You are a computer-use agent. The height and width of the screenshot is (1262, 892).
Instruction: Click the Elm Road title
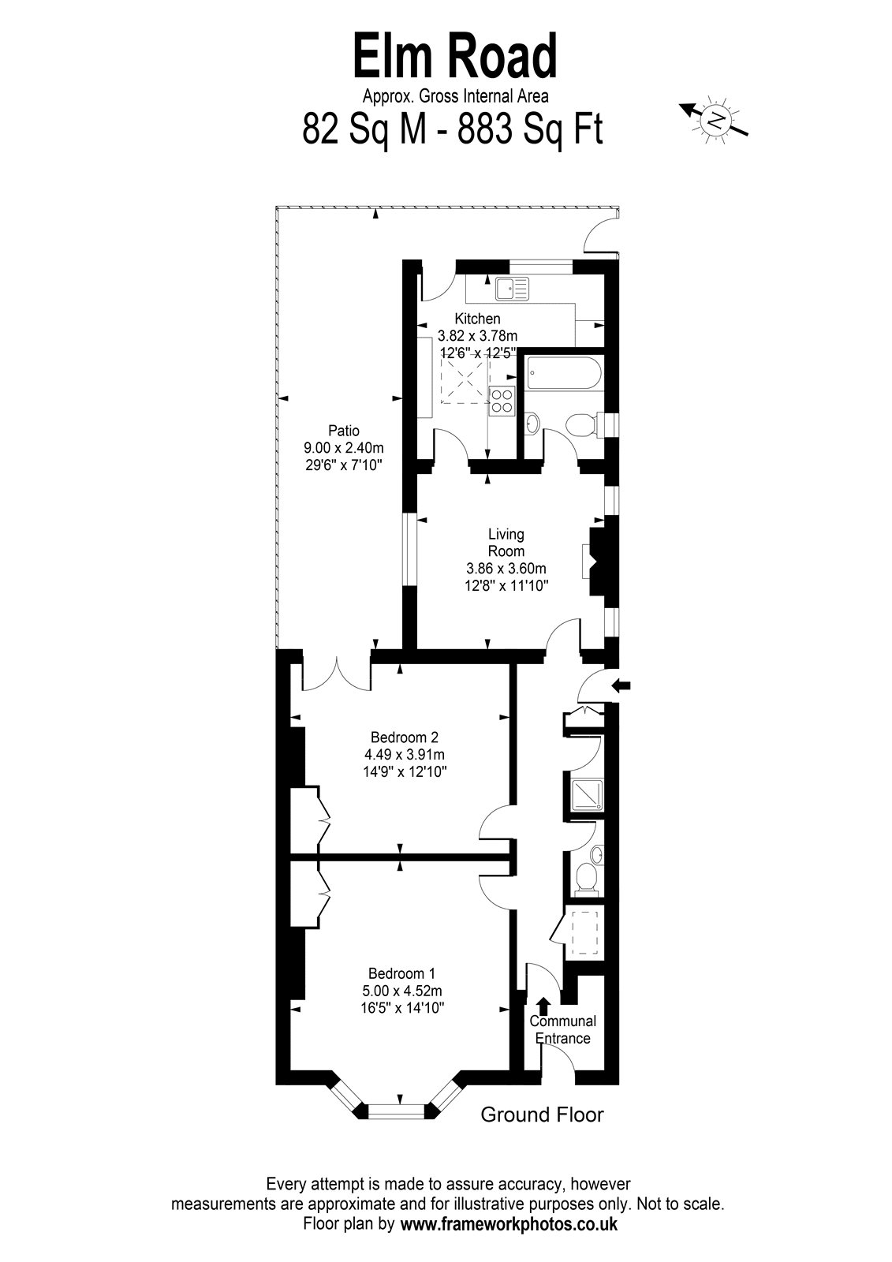click(455, 56)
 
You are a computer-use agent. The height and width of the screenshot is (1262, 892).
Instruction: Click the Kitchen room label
click(477, 319)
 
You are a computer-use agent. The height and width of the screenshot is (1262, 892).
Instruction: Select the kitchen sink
click(513, 289)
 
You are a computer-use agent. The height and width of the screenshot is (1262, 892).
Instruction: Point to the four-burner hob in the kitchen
click(502, 401)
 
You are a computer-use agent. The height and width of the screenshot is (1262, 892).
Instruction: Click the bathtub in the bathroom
click(565, 375)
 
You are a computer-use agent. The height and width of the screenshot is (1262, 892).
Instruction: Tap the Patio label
click(344, 431)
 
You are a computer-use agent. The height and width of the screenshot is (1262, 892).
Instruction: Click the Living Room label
click(506, 542)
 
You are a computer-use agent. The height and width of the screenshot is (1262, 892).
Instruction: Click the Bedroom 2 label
click(405, 737)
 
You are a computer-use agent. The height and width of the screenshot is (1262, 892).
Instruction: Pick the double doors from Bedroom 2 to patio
click(337, 673)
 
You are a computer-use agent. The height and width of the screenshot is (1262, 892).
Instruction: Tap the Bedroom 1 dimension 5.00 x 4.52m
click(402, 991)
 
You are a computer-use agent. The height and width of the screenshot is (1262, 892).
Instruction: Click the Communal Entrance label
click(562, 1029)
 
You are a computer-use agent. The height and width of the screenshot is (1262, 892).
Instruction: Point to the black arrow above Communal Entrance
click(543, 1005)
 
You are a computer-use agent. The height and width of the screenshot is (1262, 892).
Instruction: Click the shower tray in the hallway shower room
click(587, 795)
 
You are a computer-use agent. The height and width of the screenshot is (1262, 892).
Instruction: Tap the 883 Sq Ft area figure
click(530, 129)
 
